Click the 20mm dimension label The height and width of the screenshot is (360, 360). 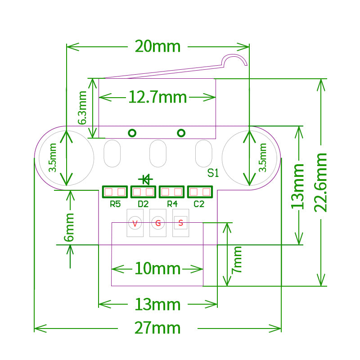(x=157, y=46)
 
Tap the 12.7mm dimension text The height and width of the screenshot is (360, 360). (x=157, y=96)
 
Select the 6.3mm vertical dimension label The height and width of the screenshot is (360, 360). (x=82, y=108)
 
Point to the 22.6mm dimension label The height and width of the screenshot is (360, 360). (x=321, y=182)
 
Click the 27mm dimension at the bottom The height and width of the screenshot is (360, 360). (x=157, y=328)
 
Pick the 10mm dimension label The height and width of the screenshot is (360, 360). (x=157, y=269)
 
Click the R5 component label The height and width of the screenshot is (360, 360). (x=115, y=204)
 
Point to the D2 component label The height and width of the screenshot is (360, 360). (x=143, y=204)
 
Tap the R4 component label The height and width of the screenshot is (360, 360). (x=172, y=204)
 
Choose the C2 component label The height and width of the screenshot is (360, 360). (x=199, y=204)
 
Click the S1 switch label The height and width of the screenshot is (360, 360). (x=213, y=173)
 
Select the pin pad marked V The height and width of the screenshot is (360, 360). (x=135, y=223)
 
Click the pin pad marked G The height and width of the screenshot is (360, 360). (x=158, y=223)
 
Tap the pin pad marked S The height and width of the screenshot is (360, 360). (x=180, y=222)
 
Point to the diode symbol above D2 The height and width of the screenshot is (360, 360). (x=145, y=180)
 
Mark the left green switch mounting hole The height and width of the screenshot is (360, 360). (x=132, y=133)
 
